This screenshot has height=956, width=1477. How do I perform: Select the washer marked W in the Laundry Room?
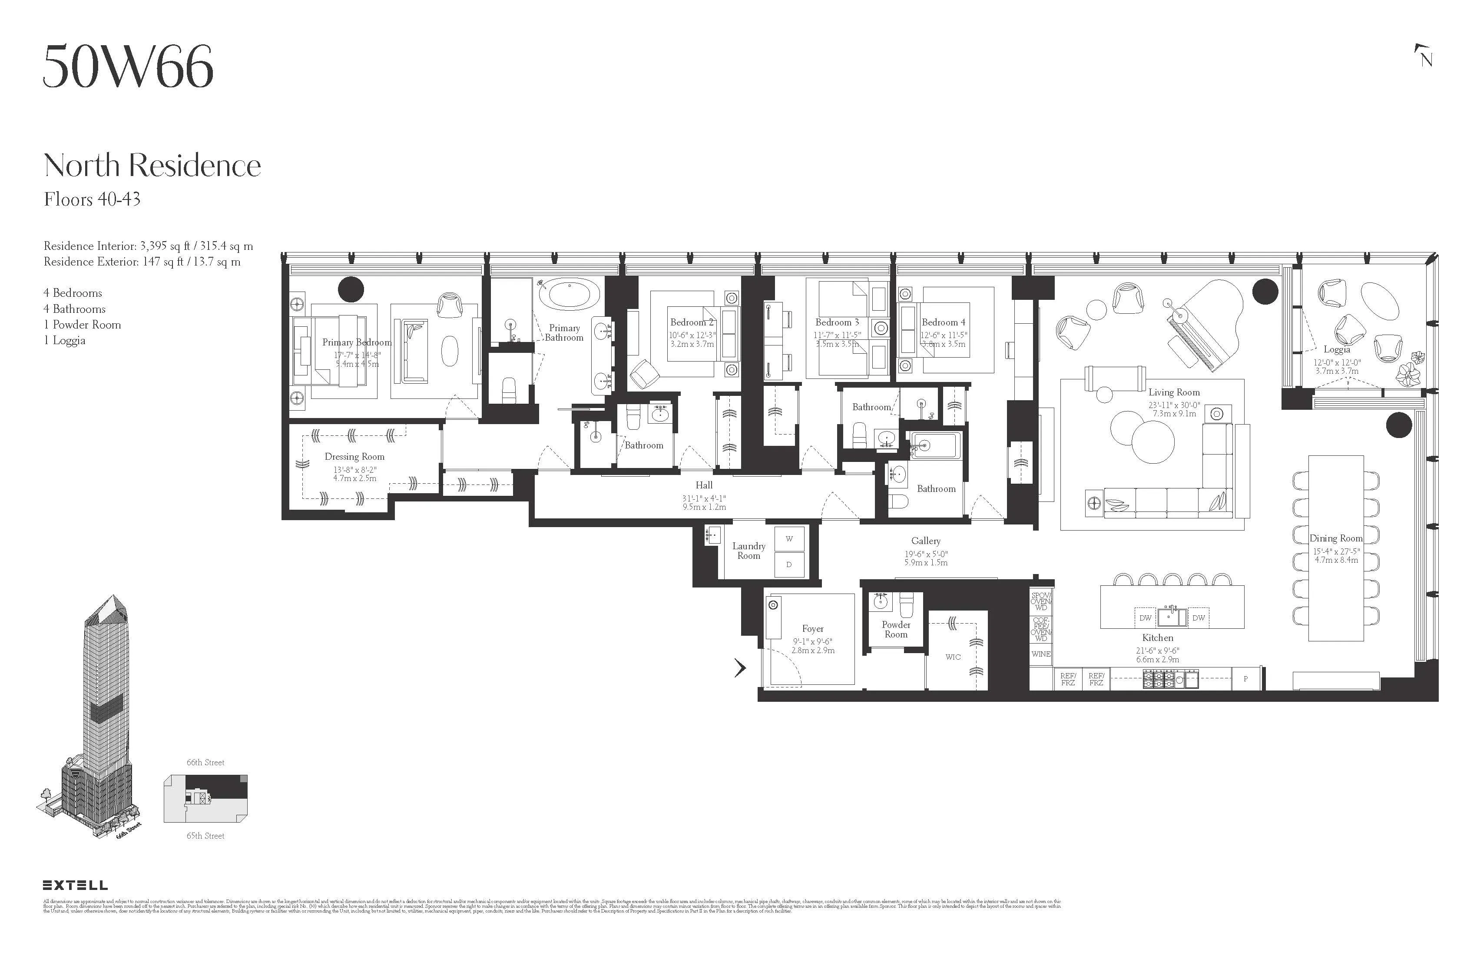(789, 539)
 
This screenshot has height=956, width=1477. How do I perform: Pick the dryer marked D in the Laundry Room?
(789, 564)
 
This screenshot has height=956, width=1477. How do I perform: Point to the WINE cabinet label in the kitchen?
(1041, 654)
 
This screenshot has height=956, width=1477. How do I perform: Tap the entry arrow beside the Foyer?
(740, 667)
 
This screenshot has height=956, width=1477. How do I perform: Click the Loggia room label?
(1336, 349)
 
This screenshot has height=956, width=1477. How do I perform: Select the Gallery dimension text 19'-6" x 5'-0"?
(925, 554)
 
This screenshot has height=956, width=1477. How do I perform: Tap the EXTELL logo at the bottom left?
(75, 885)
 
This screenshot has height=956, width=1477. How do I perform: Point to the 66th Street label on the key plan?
(205, 762)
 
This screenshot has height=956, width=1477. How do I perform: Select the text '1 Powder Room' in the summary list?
(82, 325)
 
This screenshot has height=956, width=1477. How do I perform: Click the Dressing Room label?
(354, 456)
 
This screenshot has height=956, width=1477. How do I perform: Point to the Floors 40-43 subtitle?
(92, 199)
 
